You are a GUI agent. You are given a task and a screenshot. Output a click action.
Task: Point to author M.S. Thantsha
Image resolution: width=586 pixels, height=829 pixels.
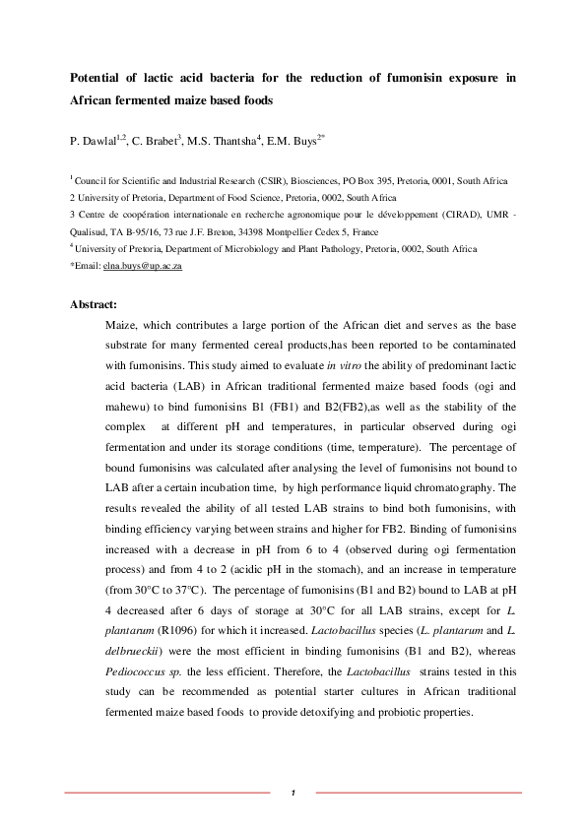coord(224,142)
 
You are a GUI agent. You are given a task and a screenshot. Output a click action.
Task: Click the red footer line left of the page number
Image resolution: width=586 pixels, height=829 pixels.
coord(167,792)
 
